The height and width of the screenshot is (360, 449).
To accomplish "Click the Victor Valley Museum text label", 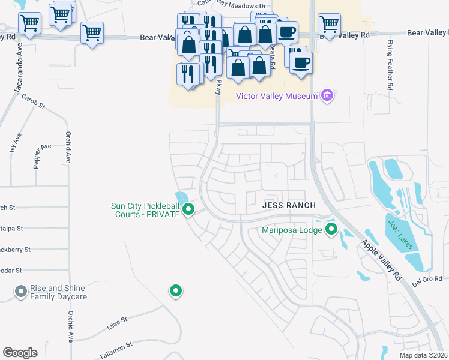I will tap(277, 95).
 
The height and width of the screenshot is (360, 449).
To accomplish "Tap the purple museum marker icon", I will tap(327, 95).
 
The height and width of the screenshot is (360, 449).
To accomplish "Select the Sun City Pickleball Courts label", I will tap(145, 210).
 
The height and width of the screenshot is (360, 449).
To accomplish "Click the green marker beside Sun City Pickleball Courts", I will tap(188, 209).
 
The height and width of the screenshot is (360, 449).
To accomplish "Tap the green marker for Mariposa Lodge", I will tap(331, 229).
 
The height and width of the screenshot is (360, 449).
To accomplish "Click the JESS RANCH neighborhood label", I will tap(289, 205).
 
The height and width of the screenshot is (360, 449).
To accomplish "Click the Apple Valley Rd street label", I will tap(381, 261).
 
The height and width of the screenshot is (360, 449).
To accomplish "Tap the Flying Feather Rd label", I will tap(390, 65).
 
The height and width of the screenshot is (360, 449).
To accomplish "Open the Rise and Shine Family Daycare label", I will tap(59, 292).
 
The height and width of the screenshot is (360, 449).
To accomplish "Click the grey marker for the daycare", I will tap(20, 292).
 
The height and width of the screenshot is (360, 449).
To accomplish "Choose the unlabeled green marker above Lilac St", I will tap(175, 291).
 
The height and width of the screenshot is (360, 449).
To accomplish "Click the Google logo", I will tap(20, 352).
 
